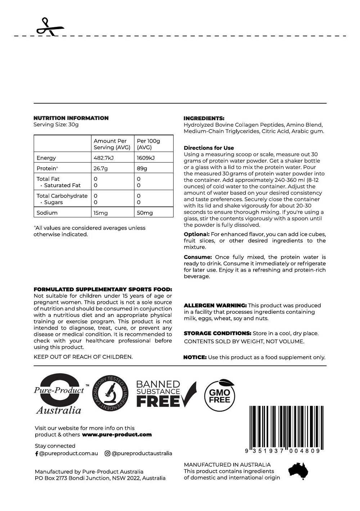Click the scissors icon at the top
tap(50, 27)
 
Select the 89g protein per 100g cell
tap(142, 168)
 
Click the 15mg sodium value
tap(101, 213)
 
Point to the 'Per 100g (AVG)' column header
tap(148, 144)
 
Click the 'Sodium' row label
tap(47, 213)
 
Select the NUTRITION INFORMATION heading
tap(71, 118)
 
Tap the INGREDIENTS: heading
tap(204, 118)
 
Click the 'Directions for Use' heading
tap(209, 148)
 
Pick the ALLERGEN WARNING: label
tap(215, 306)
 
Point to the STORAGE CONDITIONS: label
tap(217, 333)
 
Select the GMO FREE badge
tap(220, 395)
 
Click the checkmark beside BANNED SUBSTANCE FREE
tap(189, 394)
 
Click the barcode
tap(286, 427)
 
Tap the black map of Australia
tap(298, 471)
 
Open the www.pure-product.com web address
tap(117, 435)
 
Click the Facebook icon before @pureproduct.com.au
tap(37, 453)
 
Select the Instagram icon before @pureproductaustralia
tap(107, 453)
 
